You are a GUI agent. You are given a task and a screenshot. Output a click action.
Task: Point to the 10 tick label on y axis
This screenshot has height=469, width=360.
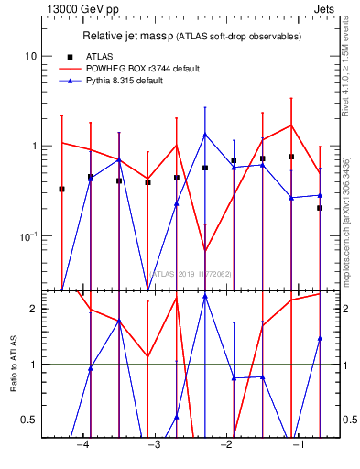30,56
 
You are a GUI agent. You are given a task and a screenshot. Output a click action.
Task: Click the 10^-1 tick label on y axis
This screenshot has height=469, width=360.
27,236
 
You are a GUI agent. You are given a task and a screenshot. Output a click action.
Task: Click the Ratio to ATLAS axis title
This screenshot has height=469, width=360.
13,364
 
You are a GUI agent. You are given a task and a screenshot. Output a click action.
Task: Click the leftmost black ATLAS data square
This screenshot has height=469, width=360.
61,189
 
